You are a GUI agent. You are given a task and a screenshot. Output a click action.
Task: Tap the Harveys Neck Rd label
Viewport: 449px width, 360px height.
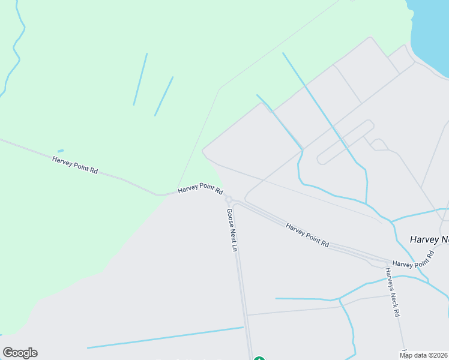(x=393, y=292)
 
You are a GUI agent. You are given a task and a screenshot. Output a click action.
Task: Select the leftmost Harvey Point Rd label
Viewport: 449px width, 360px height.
(x=75, y=164)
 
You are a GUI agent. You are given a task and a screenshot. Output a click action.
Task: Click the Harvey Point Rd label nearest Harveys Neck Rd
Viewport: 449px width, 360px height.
(x=413, y=259)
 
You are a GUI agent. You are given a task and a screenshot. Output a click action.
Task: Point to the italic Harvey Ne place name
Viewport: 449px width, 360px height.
(x=429, y=239)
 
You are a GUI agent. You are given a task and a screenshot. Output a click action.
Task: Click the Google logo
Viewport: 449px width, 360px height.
(x=20, y=353)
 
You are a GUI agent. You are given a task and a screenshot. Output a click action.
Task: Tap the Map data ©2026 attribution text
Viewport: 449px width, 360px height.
(x=424, y=355)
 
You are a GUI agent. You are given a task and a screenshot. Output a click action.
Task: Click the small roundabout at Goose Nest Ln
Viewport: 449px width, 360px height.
(x=228, y=199)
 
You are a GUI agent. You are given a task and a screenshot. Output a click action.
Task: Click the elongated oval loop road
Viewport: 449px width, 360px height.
(x=346, y=142)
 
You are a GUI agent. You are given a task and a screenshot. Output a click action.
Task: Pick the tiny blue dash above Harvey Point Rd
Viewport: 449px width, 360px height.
(x=61, y=151)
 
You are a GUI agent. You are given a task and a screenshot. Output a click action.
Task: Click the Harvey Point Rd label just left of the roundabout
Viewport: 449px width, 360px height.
(x=200, y=190)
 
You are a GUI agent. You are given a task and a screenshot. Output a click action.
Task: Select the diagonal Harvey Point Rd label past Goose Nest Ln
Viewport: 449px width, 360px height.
(x=307, y=236)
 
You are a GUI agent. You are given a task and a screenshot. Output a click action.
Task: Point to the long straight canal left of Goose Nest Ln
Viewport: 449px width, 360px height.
(x=165, y=337)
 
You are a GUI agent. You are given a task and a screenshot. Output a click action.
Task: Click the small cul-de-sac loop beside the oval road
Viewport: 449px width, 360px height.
(x=379, y=144)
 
